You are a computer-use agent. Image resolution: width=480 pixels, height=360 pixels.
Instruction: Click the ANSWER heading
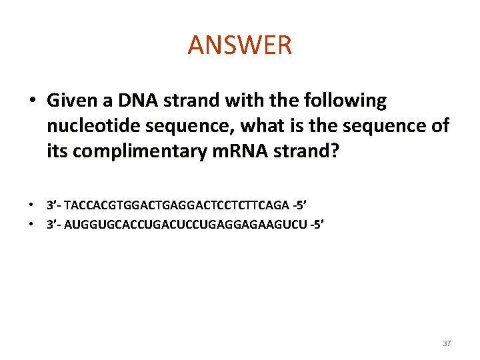[240, 45]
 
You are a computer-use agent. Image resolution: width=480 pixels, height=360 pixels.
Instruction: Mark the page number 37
[447, 343]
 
